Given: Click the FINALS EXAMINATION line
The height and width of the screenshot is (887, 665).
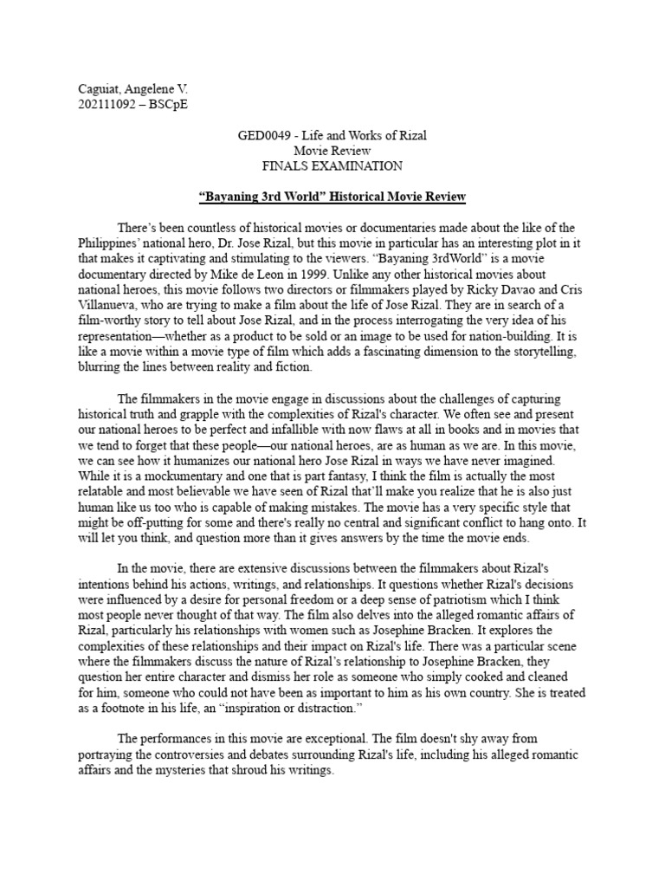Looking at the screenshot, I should (x=332, y=165).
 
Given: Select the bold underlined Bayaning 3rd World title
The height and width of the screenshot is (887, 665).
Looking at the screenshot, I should (x=332, y=197).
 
